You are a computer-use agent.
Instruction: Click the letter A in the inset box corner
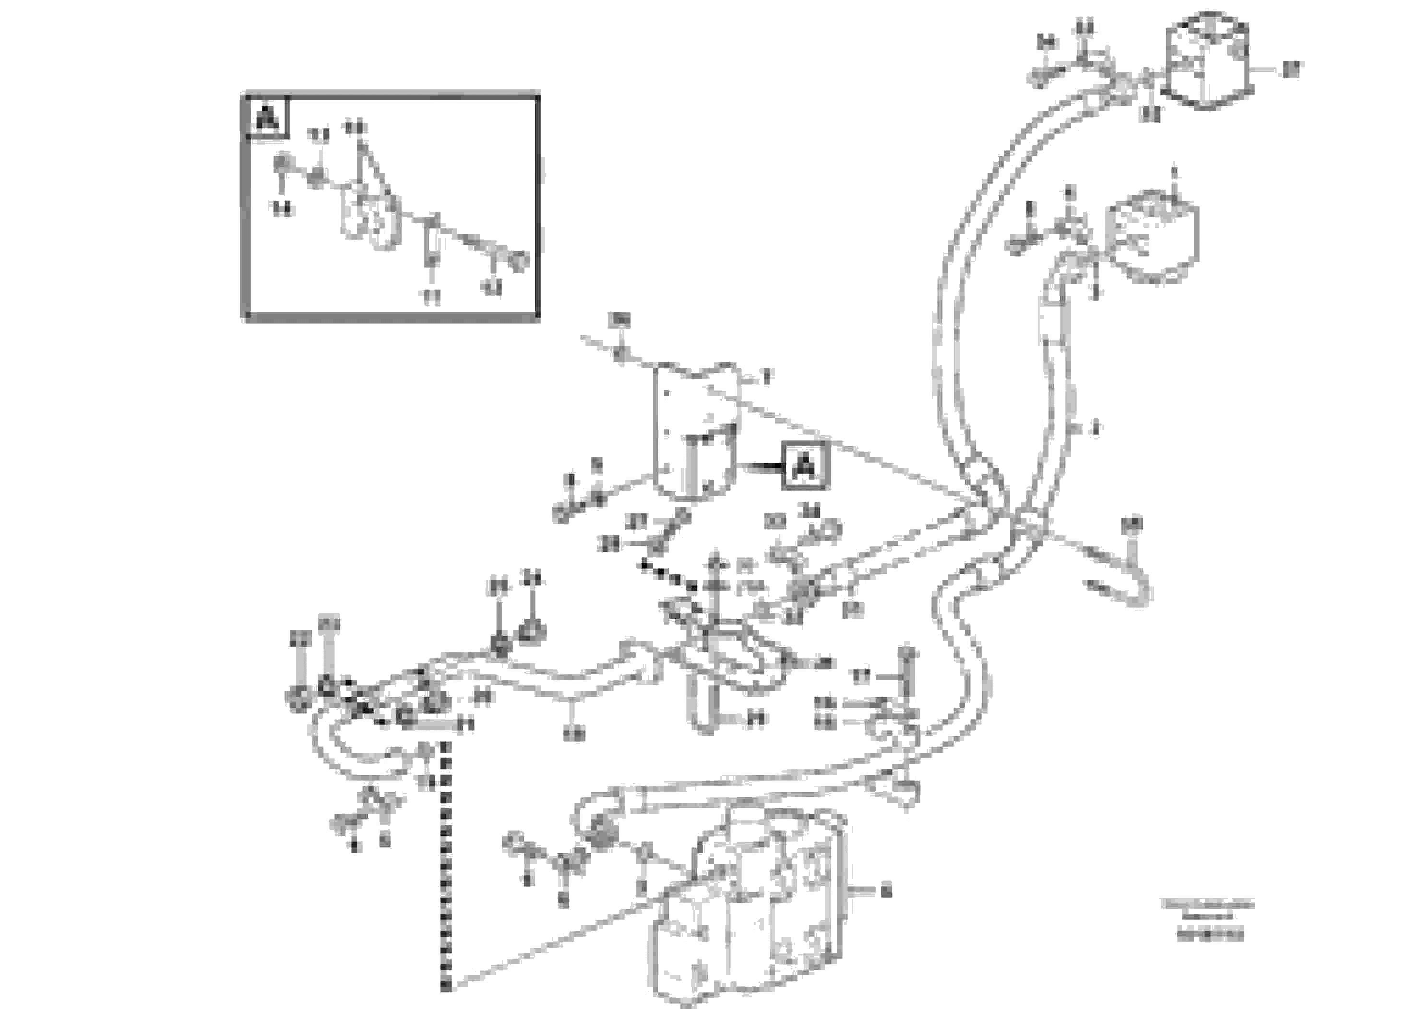click(x=267, y=117)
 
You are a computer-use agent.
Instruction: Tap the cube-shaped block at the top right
click(x=1207, y=61)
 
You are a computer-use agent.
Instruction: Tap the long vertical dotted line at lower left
click(x=445, y=865)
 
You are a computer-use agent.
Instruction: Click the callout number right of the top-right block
click(x=1292, y=70)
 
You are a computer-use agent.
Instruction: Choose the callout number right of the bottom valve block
click(x=886, y=891)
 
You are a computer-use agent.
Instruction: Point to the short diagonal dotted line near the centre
click(x=668, y=576)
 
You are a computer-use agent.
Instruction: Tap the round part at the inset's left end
click(x=282, y=163)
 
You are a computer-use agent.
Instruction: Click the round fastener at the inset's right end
click(x=518, y=260)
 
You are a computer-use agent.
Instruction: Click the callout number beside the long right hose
click(x=1095, y=428)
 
